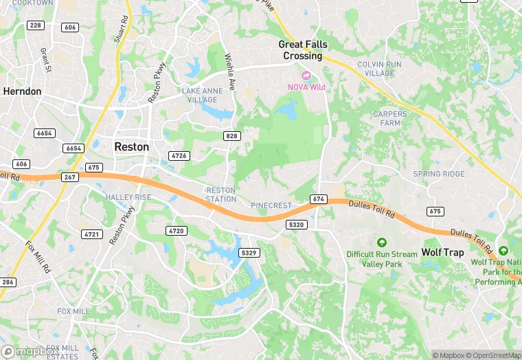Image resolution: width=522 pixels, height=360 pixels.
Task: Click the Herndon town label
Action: tap(22, 91)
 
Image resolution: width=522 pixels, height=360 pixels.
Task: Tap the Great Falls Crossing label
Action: tap(303, 49)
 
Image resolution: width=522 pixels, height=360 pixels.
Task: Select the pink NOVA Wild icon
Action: tap(306, 75)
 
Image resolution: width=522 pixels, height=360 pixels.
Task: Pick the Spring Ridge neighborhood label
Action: tap(439, 175)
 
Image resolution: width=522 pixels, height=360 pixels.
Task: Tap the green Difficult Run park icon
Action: tap(382, 242)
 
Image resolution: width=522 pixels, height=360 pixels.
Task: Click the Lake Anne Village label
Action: tap(199, 95)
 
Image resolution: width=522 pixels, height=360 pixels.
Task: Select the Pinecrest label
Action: tap(271, 205)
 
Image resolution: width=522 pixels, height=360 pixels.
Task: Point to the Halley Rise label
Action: tap(128, 197)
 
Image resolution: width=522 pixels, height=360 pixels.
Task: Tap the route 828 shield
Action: tap(231, 137)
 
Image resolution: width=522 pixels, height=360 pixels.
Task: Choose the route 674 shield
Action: tap(317, 199)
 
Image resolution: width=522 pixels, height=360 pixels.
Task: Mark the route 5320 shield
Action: tap(297, 225)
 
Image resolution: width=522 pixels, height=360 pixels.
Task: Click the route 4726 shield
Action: tap(179, 156)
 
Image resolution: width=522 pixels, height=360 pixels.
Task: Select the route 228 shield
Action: tap(35, 25)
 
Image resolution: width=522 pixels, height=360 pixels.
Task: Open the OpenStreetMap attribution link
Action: tap(492, 355)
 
